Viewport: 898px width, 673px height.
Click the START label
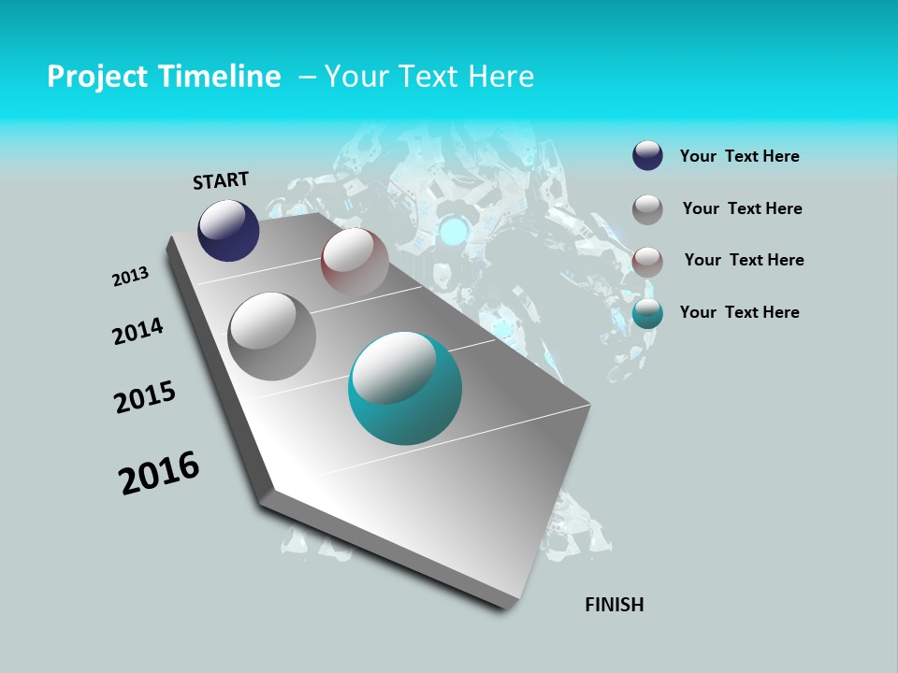click(221, 180)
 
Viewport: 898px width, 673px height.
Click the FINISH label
click(614, 605)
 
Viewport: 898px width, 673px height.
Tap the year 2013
click(130, 277)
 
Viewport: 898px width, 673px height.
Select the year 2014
click(138, 331)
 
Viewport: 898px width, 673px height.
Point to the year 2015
click(145, 397)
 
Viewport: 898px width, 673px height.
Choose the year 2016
click(159, 473)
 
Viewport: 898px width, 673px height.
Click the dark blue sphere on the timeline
click(228, 231)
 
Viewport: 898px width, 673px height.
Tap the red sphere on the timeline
click(355, 261)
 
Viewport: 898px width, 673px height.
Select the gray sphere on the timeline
click(271, 336)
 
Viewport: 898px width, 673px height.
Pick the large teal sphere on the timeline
click(405, 388)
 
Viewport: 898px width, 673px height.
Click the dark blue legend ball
click(647, 156)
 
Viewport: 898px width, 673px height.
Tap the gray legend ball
click(647, 209)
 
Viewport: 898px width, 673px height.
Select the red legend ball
click(647, 261)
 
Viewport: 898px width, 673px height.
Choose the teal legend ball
click(647, 313)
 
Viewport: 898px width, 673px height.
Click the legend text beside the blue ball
click(739, 156)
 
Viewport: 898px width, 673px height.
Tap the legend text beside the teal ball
click(739, 312)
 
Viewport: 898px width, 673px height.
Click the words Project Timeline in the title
click(164, 77)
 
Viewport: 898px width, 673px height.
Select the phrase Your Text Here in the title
click(428, 77)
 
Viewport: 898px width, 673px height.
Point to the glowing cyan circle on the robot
click(456, 229)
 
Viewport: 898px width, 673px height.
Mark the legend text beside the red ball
click(744, 260)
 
